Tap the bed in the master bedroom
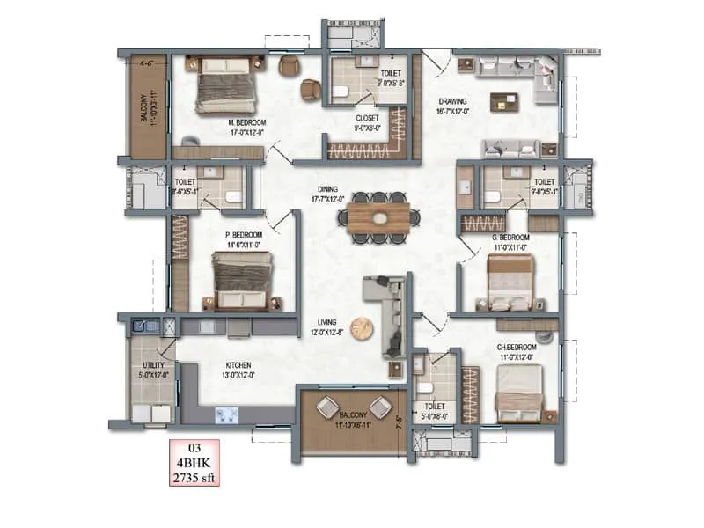click(225, 85)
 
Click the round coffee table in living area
click(362, 328)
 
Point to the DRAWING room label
click(453, 101)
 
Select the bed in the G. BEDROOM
click(510, 283)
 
